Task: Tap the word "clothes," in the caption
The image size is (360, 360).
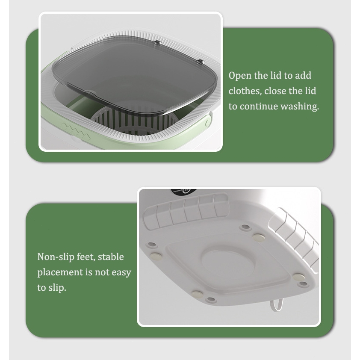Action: (245, 91)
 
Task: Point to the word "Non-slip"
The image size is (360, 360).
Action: (56, 257)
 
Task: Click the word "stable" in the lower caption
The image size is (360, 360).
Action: (111, 257)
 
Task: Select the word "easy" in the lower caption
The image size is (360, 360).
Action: (121, 272)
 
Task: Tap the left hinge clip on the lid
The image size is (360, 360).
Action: (157, 42)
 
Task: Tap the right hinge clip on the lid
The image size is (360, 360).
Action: (201, 62)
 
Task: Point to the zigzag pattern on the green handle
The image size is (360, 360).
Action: (76, 131)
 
